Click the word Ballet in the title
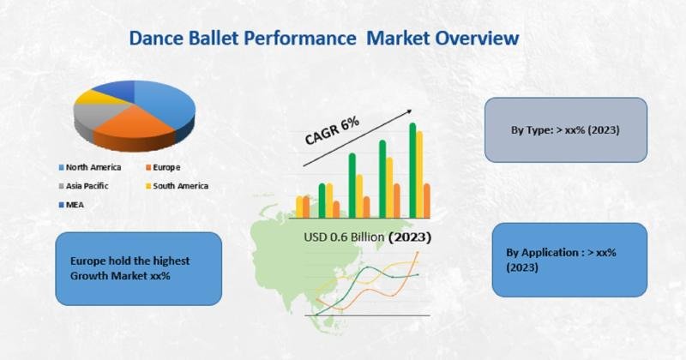tap(214, 38)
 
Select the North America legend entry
tap(90, 167)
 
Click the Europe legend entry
tap(163, 167)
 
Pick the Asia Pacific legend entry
tap(83, 186)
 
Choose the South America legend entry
tap(178, 186)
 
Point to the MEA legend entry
tap(71, 205)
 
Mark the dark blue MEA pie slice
tap(116, 89)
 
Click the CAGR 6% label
tap(332, 130)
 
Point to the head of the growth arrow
tap(412, 111)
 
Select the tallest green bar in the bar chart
tap(412, 171)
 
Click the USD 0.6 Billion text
tap(345, 237)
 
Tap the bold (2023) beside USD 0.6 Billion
tap(410, 237)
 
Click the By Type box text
tap(565, 130)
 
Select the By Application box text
tap(562, 260)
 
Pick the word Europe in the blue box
tap(88, 261)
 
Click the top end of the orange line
tap(418, 252)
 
